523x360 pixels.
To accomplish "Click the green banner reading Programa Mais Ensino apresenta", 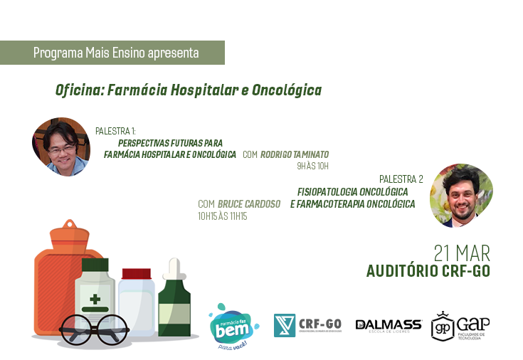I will pos(116,53).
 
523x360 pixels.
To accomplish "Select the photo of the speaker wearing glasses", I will pos(61,147).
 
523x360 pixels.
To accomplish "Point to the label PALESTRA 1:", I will pos(115,132).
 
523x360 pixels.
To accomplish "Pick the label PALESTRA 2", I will pos(401,179).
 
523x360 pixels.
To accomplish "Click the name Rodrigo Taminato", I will pos(294,154).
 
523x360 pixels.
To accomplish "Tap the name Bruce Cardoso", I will pos(248,204).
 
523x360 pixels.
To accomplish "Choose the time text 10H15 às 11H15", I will pos(222,216).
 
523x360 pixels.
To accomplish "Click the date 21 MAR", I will pos(462,254).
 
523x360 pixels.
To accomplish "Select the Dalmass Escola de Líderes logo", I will pos(388,326).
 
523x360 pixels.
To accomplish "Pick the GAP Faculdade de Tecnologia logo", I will pos(460,326).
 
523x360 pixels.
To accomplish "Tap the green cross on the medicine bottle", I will pos(95,298).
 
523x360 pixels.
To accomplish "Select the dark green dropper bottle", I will pos(174,299).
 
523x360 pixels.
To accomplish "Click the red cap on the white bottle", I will pos(137,274).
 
